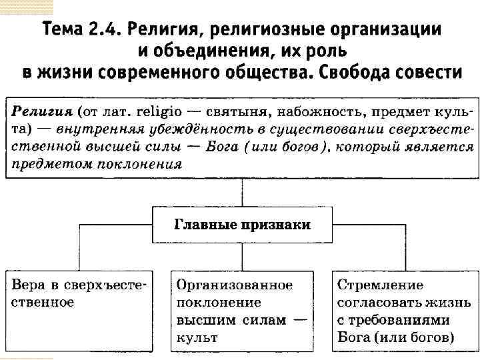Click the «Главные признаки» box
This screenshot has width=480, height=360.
[242, 225]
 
